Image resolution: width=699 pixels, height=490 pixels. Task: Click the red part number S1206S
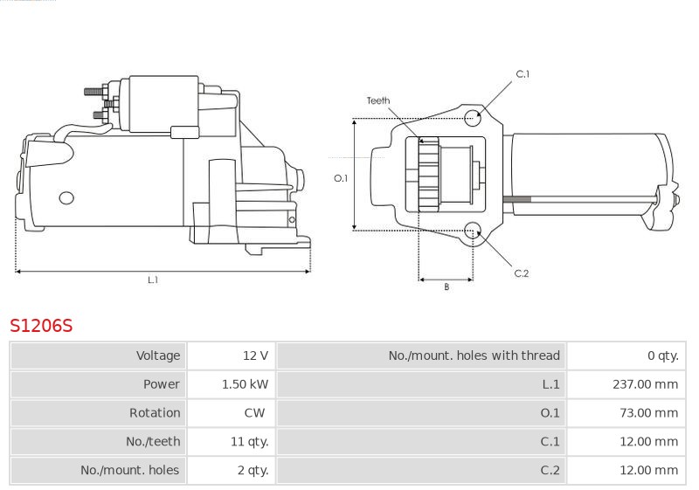[41, 326]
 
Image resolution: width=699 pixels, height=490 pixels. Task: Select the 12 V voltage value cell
[255, 355]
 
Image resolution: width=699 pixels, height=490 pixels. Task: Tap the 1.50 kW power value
[246, 384]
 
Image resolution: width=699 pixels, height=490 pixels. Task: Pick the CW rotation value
[254, 413]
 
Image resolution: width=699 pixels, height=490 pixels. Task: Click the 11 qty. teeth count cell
[250, 441]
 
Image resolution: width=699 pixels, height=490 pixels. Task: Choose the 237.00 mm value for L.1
[645, 384]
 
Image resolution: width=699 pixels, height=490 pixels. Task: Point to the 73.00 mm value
[648, 413]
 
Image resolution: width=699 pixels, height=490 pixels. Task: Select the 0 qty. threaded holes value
[663, 355]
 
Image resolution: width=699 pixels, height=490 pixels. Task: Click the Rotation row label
[155, 413]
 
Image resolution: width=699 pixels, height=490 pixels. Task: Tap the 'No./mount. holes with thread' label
[474, 355]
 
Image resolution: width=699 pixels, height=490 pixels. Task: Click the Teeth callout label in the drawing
[378, 100]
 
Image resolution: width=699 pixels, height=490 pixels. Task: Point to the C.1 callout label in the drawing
[523, 74]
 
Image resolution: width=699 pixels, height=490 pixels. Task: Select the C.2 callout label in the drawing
[521, 273]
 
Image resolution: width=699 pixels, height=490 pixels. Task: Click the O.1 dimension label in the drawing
[341, 178]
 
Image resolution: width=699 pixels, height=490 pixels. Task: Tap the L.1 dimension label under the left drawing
[153, 280]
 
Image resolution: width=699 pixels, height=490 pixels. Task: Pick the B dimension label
[446, 286]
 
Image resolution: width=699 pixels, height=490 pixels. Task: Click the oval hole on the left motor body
[66, 197]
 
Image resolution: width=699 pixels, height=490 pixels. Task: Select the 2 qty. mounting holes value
[253, 470]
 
